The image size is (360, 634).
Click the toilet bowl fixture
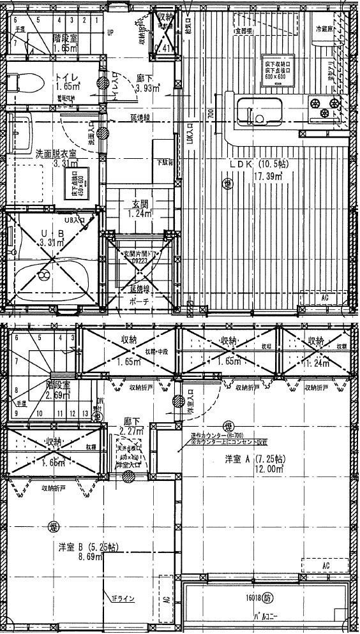pos(26,81)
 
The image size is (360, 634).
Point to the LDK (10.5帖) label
pos(259,164)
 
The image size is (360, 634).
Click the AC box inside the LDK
pos(325,298)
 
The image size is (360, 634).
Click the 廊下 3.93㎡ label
pos(145,83)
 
